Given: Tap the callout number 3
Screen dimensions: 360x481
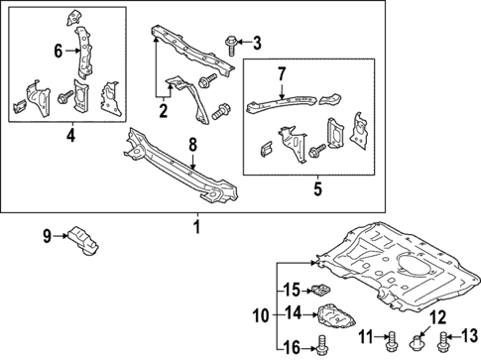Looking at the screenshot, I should point(256,42).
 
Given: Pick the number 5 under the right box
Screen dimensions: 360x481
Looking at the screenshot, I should point(316,185).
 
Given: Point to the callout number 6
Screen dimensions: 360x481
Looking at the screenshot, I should point(59,51).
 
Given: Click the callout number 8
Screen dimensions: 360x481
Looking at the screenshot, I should point(194,144).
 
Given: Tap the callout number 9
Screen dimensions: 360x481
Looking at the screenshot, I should point(46,236).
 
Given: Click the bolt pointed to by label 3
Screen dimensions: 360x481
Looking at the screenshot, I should point(230,42).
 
